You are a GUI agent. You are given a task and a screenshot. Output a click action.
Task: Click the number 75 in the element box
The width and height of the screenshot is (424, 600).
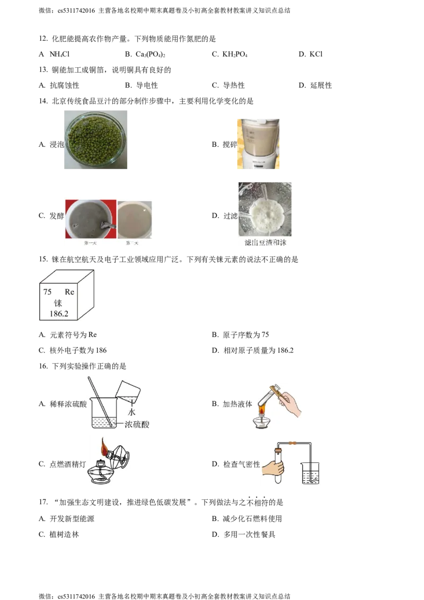(47, 292)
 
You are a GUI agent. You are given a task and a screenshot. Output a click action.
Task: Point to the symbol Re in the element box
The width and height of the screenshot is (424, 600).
(69, 292)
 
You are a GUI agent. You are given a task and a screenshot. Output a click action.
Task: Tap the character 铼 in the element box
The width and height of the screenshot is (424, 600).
(58, 303)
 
